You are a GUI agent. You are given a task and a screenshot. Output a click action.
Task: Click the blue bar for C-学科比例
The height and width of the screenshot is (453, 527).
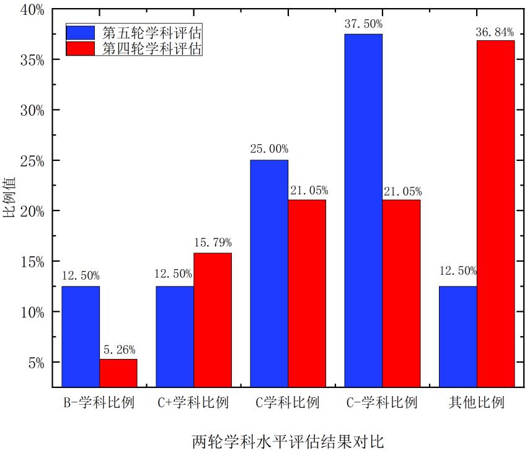coord(363,210)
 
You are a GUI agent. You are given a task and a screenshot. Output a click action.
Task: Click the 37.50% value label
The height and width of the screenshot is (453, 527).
coord(363,24)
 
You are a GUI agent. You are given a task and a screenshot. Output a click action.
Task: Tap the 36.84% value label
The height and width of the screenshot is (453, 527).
coord(495,30)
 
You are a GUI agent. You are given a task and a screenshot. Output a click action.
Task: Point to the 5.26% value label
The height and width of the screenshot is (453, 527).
coord(118,350)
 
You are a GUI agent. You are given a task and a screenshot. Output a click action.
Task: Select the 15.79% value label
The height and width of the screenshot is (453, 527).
coord(213,243)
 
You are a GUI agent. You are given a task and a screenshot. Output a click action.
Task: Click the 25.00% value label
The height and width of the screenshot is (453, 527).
coord(269,149)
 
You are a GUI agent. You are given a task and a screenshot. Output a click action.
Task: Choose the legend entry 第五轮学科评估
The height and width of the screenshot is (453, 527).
coord(153,32)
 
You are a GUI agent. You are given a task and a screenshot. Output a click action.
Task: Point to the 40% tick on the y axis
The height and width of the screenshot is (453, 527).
coord(32,10)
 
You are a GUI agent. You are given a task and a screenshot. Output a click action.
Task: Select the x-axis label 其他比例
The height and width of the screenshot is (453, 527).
coord(477,403)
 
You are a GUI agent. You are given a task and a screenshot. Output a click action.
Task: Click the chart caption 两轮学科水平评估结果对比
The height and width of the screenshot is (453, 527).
coord(288,442)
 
